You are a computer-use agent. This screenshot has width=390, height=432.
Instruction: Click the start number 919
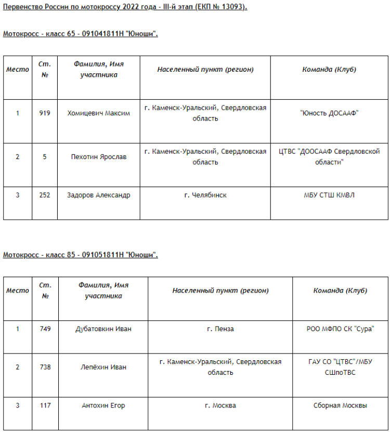[x=45, y=113]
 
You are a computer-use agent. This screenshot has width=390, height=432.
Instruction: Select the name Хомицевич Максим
[x=99, y=113]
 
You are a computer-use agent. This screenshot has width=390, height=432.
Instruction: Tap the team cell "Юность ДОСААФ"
[x=329, y=113]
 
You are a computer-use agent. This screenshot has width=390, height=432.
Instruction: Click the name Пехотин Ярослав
[x=99, y=157]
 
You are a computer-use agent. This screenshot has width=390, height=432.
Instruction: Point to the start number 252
[x=45, y=195]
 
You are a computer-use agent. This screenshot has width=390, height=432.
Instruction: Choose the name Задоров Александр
[x=99, y=195]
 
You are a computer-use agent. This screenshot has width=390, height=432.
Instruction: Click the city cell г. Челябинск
[x=205, y=195]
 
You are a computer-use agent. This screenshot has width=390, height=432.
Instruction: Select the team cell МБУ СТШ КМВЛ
[x=329, y=195]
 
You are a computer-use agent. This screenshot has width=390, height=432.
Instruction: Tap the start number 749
[x=45, y=329]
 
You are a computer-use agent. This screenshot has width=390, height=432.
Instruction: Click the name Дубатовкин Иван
[x=103, y=329]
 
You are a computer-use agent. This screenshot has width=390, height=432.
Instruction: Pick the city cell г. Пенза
[x=220, y=329]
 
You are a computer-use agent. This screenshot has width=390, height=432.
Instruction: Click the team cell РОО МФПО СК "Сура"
[x=340, y=329]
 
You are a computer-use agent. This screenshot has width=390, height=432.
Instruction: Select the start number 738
[x=45, y=367]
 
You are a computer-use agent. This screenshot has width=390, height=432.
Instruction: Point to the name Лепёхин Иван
[x=103, y=367]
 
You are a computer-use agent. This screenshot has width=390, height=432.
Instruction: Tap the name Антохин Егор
[x=103, y=405]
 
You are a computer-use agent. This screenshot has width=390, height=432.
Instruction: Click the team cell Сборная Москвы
[x=340, y=405]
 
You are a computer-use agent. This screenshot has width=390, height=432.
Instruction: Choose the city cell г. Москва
[x=220, y=405]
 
